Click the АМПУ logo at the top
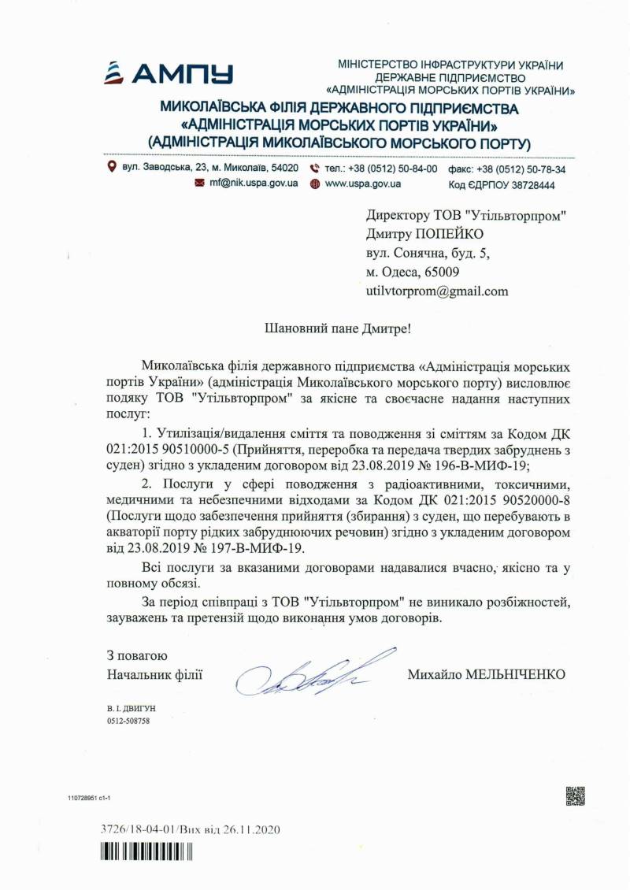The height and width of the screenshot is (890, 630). (x=169, y=73)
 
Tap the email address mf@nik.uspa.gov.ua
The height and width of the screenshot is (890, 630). (x=254, y=184)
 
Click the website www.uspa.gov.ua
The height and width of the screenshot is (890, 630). (x=363, y=184)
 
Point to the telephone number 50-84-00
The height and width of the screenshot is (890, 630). (x=416, y=169)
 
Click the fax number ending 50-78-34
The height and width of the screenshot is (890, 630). (x=545, y=169)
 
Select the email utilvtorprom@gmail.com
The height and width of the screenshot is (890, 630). (x=437, y=291)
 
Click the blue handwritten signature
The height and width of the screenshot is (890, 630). (x=315, y=673)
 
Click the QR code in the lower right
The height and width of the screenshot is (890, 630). (x=575, y=796)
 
